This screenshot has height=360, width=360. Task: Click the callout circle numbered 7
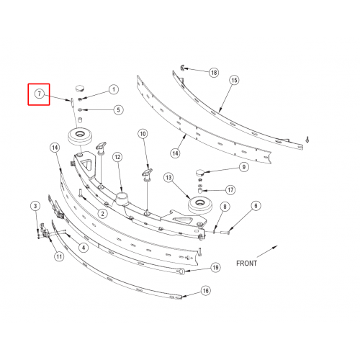(40, 94)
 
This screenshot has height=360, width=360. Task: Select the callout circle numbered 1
(114, 89)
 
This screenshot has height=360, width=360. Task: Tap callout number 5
(118, 110)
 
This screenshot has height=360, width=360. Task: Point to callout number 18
(214, 72)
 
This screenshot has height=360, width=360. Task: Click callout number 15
(234, 80)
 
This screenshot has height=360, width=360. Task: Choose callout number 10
(143, 134)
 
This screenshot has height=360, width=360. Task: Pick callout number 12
(117, 157)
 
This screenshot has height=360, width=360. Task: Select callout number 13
(168, 178)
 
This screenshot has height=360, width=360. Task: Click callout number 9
(244, 167)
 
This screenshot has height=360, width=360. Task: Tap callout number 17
(230, 190)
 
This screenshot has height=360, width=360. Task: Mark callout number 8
(225, 207)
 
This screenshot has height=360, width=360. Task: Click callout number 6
(256, 206)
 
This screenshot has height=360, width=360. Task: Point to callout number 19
(215, 267)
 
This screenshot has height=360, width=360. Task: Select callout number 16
(205, 291)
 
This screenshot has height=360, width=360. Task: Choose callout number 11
(59, 256)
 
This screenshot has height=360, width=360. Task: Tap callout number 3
(35, 206)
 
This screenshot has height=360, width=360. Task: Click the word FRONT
(246, 264)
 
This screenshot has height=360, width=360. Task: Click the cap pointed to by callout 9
(199, 172)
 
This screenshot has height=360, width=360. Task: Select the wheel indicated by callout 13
(200, 205)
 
